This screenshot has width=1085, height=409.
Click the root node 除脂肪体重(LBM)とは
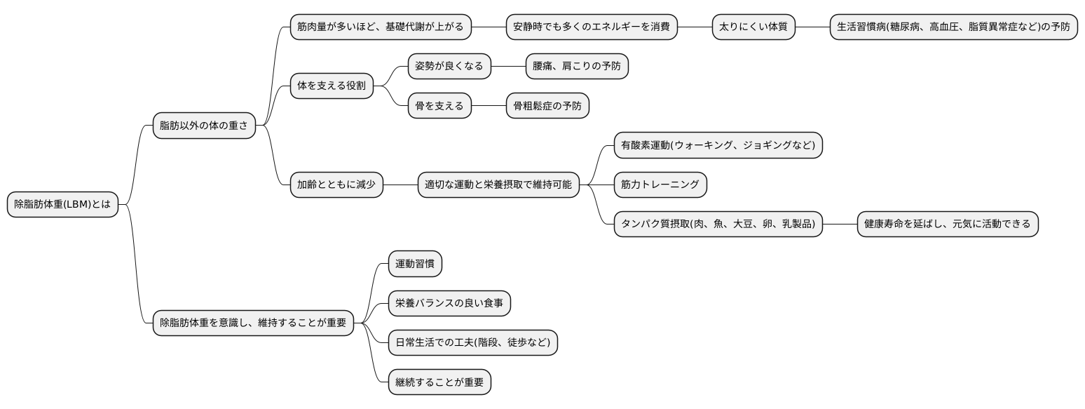click(x=63, y=204)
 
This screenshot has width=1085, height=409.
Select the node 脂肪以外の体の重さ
click(x=204, y=126)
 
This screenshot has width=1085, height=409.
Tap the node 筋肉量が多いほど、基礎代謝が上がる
click(x=381, y=27)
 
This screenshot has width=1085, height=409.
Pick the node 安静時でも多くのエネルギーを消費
click(x=592, y=27)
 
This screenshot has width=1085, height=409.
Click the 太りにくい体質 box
click(x=753, y=27)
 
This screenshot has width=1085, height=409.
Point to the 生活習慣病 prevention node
click(x=953, y=27)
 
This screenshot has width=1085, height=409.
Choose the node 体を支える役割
click(x=332, y=86)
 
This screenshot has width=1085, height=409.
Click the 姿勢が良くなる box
click(x=449, y=67)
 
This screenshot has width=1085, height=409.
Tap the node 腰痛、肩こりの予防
click(x=577, y=67)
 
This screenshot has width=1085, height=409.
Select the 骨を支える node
click(x=439, y=106)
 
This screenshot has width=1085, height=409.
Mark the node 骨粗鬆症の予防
click(x=547, y=106)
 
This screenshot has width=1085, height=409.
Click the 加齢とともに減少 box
click(x=336, y=185)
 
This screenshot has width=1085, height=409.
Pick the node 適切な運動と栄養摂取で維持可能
click(x=498, y=185)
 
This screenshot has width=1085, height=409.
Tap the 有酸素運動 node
click(x=718, y=145)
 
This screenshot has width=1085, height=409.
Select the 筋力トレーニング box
click(x=660, y=185)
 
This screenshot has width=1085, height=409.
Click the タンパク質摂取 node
click(x=718, y=224)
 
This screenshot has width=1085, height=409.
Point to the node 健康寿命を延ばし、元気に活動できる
click(x=947, y=224)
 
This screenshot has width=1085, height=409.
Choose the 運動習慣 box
click(x=416, y=264)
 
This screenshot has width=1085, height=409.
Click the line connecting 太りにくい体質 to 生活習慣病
click(x=812, y=27)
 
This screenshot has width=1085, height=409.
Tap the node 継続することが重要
click(x=439, y=382)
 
